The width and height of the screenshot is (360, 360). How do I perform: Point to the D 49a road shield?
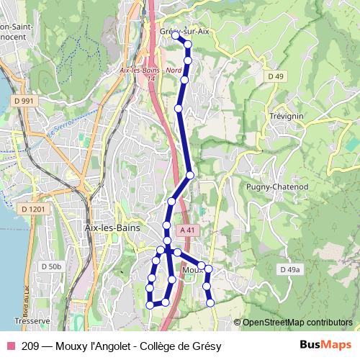point(288,269)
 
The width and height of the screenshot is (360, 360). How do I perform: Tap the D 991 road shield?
point(24,101)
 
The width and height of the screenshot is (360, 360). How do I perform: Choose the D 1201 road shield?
point(33,209)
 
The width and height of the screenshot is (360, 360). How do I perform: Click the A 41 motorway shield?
point(188,230)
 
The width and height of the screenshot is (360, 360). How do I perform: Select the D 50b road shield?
point(51,266)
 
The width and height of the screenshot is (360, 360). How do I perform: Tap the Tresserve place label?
point(31,320)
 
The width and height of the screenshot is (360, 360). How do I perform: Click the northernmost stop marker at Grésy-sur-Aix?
point(175,35)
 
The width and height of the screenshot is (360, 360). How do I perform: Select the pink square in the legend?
point(11,346)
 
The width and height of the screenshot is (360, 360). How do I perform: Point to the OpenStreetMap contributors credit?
point(297,322)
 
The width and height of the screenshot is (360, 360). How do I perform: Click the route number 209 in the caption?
point(30,346)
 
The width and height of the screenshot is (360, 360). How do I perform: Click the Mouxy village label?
point(191,270)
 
